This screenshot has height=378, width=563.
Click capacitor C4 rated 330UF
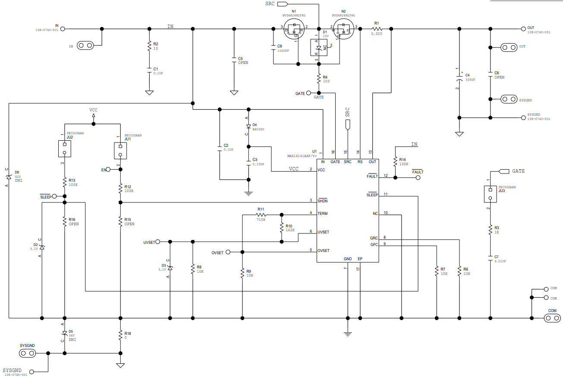tap(460, 79)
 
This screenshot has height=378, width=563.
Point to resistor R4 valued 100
tap(319, 79)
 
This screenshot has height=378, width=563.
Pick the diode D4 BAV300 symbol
tap(248, 126)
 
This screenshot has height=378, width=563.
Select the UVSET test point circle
tap(158, 242)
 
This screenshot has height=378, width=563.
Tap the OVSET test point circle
tap(228, 252)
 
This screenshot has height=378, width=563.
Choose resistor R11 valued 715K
tap(261, 214)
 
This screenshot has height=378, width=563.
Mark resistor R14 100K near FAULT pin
tap(395, 161)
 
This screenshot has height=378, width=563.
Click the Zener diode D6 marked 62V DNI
tap(8, 177)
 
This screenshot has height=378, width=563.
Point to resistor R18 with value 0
tap(120, 334)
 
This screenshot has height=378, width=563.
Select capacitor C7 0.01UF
tap(490, 258)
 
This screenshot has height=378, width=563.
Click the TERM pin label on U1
tap(323, 214)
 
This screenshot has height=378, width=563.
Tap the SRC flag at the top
tap(281, 4)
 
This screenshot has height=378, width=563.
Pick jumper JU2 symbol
tap(64, 149)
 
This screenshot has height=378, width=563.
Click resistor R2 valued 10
tap(149, 46)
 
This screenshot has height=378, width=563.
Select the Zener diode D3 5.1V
tap(170, 268)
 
